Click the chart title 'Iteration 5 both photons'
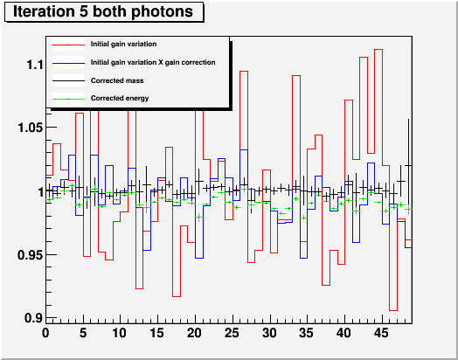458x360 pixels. (103, 11)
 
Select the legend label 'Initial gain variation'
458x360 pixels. (123, 44)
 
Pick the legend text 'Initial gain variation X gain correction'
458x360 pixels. (153, 63)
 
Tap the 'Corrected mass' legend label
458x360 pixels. (117, 80)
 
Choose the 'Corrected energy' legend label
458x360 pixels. (120, 98)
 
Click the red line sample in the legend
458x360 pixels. (68, 45)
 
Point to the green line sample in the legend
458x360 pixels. (68, 100)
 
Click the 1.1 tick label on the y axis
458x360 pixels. (35, 65)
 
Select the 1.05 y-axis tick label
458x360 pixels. (31, 128)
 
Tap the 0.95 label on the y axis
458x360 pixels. (31, 255)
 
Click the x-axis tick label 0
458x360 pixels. (45, 333)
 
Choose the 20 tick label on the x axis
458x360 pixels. (195, 333)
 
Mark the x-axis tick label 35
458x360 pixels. (307, 333)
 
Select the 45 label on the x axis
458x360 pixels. (381, 333)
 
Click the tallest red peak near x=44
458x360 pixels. (378, 50)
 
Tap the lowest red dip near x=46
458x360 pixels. (393, 310)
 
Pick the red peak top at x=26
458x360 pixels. (244, 72)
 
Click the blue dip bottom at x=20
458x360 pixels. (199, 258)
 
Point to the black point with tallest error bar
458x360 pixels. (408, 165)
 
